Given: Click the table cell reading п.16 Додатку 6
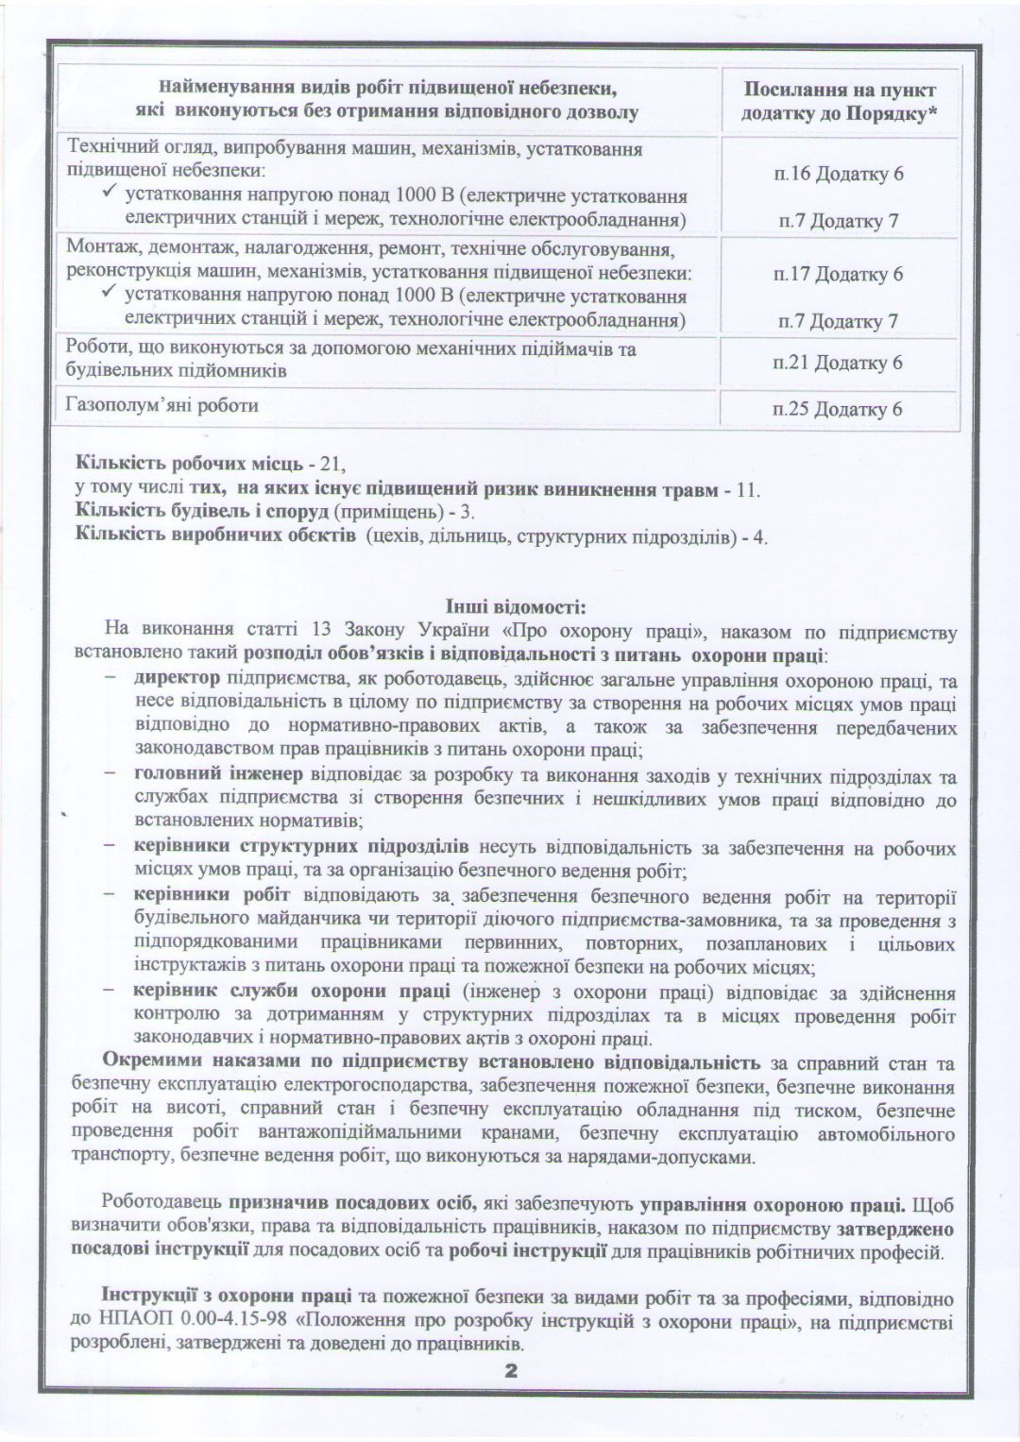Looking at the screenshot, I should (x=838, y=175).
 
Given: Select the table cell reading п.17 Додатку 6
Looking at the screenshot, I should (x=838, y=275).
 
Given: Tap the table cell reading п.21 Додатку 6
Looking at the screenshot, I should (x=838, y=363).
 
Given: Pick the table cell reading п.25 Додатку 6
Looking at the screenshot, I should (x=838, y=409).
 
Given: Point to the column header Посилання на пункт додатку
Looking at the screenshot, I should (x=840, y=101).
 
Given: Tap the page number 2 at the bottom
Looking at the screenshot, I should (x=512, y=1372).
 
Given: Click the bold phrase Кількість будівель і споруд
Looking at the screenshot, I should (x=201, y=513).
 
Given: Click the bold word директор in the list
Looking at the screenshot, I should (x=177, y=679).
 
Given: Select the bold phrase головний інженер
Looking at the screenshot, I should (x=218, y=776).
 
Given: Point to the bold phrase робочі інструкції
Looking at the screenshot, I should (x=527, y=1253).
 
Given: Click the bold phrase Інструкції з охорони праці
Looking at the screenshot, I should (x=227, y=1298).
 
